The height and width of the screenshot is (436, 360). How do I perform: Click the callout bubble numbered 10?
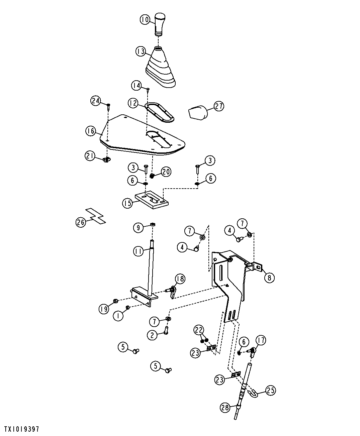coord(145,20)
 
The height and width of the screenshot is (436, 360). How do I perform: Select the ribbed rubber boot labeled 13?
coord(160,67)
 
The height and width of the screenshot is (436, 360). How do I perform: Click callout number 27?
coord(219,106)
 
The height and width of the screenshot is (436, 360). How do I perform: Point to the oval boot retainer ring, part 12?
coord(159,112)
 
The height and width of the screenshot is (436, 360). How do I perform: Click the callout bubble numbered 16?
coord(91,131)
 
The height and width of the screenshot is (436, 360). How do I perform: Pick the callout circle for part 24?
coord(96,101)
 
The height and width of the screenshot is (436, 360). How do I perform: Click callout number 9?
coord(138,228)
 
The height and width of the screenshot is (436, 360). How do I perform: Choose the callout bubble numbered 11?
coord(139,251)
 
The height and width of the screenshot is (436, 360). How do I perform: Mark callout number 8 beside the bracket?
coord(269,278)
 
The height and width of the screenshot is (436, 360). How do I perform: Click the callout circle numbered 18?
coord(180,279)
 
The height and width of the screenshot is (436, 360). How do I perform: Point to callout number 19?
coord(104,309)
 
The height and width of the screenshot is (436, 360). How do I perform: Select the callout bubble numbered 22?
coord(199,330)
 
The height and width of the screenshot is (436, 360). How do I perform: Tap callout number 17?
coord(261,340)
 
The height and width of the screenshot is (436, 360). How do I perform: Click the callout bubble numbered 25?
coord(271,390)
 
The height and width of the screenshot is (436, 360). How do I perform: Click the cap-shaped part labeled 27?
coord(198,113)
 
